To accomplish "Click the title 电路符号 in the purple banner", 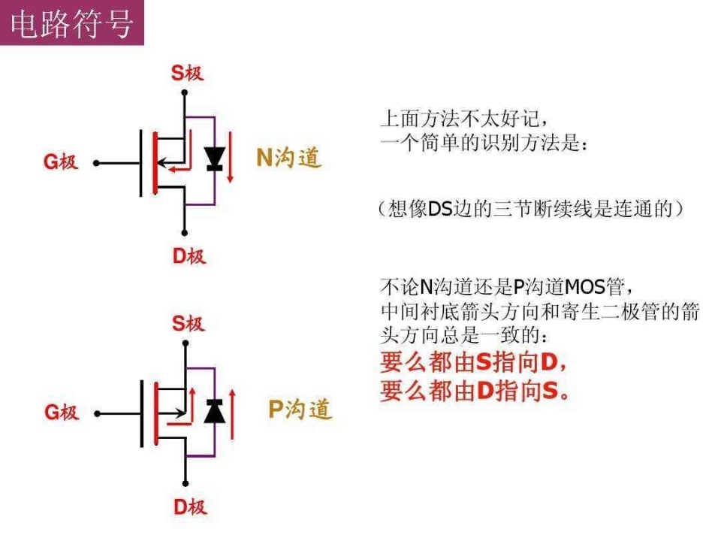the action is coord(72,24).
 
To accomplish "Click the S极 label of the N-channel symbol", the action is coord(187,73).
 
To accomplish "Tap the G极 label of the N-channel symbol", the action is coord(61,162).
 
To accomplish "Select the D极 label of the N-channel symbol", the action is coord(189,255).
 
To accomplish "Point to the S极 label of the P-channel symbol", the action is coord(188,323).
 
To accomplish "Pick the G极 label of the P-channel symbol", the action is coord(62,412).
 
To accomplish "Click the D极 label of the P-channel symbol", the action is coord(190,506).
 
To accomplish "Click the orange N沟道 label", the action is coord(288,157).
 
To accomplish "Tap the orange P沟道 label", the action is coord(300,409).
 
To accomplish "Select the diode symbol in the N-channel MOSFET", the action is coord(215,159).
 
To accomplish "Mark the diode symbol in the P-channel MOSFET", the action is coord(214,411).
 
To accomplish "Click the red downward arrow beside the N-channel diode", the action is coord(231,157).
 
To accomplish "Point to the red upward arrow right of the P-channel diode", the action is coord(232,414).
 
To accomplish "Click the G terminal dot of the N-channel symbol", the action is coord(96,163).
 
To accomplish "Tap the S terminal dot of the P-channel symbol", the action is coord(186,343).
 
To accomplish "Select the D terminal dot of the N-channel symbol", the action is coord(185,233).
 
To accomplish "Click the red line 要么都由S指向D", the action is coord(474,361).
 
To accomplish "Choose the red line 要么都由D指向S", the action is coord(475,391).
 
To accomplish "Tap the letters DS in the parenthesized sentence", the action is coord(441,209).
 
